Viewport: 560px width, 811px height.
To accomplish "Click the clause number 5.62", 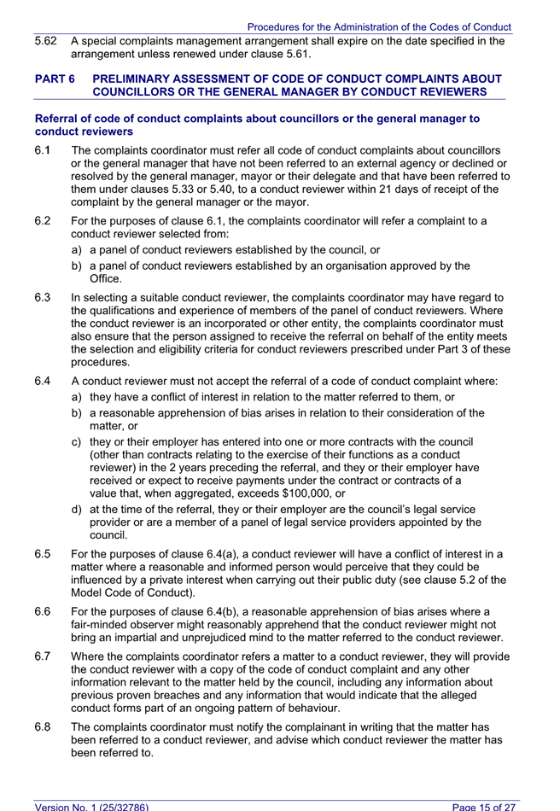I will (x=45, y=41).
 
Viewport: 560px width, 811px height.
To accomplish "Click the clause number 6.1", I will (x=42, y=151).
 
